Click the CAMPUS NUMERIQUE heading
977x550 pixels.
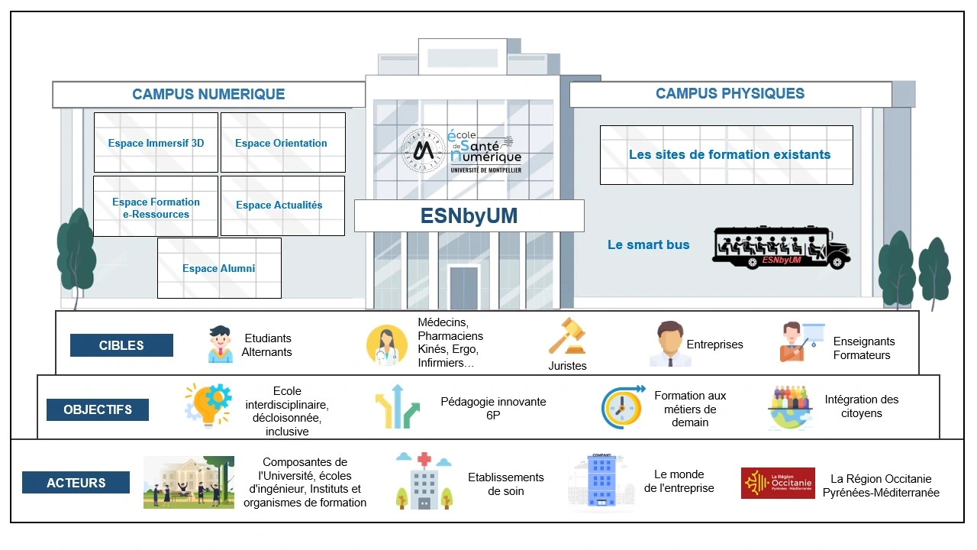point(208,95)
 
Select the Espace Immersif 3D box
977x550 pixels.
point(156,143)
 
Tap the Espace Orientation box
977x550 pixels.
point(282,143)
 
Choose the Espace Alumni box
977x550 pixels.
point(219,268)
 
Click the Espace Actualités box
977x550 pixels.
point(282,205)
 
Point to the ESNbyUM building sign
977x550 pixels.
point(469,216)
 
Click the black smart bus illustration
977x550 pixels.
point(781,247)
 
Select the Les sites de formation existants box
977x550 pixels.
point(726,155)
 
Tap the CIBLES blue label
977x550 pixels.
point(121,345)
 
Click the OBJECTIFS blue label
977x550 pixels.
point(97,409)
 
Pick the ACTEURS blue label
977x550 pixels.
point(76,483)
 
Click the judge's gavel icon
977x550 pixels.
point(567,336)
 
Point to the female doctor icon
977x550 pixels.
point(386,345)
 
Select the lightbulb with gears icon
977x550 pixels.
point(208,406)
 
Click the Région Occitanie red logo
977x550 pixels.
point(778,484)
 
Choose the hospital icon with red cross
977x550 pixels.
point(424,481)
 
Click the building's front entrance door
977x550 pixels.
point(463,287)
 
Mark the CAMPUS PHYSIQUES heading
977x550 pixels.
point(730,94)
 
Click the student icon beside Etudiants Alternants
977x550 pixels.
point(221,345)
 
